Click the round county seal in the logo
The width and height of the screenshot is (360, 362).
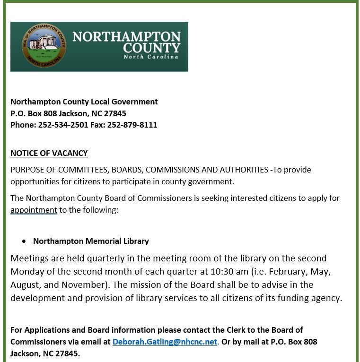click(x=44, y=46)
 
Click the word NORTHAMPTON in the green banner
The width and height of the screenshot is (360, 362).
click(x=126, y=37)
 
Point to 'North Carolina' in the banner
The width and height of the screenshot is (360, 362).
click(x=151, y=57)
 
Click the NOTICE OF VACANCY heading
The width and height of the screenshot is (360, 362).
click(x=49, y=153)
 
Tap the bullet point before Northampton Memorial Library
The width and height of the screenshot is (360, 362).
click(x=24, y=241)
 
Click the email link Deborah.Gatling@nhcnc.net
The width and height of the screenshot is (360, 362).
click(x=165, y=342)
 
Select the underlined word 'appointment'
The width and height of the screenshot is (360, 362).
click(x=34, y=210)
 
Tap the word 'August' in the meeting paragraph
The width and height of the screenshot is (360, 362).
click(x=26, y=285)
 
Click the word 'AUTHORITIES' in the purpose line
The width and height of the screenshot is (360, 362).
click(x=241, y=170)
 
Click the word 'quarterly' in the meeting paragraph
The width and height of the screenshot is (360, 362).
click(x=106, y=259)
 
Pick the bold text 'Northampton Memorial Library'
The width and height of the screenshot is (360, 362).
click(x=91, y=241)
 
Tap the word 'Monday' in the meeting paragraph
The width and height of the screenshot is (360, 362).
click(x=26, y=272)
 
